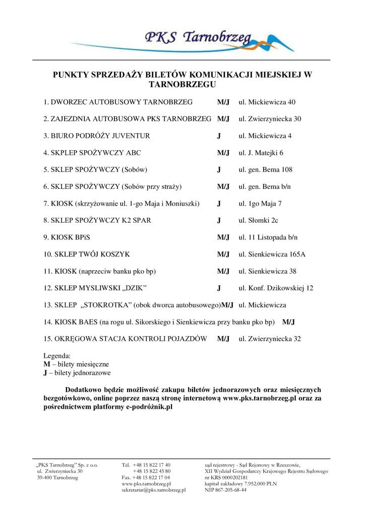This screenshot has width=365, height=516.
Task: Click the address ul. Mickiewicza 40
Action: [x=267, y=102]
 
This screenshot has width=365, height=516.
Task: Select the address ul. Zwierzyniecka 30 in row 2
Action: [x=270, y=119]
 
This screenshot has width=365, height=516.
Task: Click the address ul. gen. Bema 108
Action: [x=265, y=170]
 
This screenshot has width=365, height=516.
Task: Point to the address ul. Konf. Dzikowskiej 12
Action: [x=276, y=288]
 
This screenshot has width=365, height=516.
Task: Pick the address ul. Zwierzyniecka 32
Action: [x=270, y=339]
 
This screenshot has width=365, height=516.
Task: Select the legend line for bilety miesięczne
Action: [x=76, y=364]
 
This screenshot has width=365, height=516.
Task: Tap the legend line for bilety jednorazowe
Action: [x=77, y=373]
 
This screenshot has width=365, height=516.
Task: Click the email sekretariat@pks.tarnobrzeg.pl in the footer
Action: [x=154, y=489]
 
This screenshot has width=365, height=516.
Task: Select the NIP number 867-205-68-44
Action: [x=225, y=489]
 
